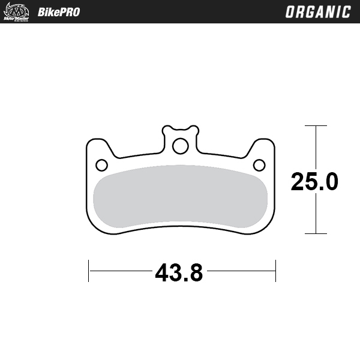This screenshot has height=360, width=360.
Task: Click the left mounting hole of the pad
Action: click(x=101, y=164)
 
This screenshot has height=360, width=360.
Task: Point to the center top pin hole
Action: click(x=179, y=146)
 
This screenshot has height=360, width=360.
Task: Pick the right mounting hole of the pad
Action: click(x=259, y=164)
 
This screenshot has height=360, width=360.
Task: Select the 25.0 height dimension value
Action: click(x=314, y=181)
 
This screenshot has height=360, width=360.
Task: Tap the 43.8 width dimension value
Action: click(x=179, y=274)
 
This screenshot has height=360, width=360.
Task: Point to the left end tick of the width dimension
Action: click(x=89, y=271)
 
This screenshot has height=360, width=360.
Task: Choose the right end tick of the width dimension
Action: click(x=275, y=271)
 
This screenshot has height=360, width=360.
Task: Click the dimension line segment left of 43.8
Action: click(x=120, y=271)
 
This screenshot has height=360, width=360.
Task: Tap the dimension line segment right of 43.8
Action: click(x=240, y=271)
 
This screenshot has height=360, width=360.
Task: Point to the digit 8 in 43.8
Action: click(x=196, y=274)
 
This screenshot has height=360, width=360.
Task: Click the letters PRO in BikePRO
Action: click(x=68, y=12)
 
